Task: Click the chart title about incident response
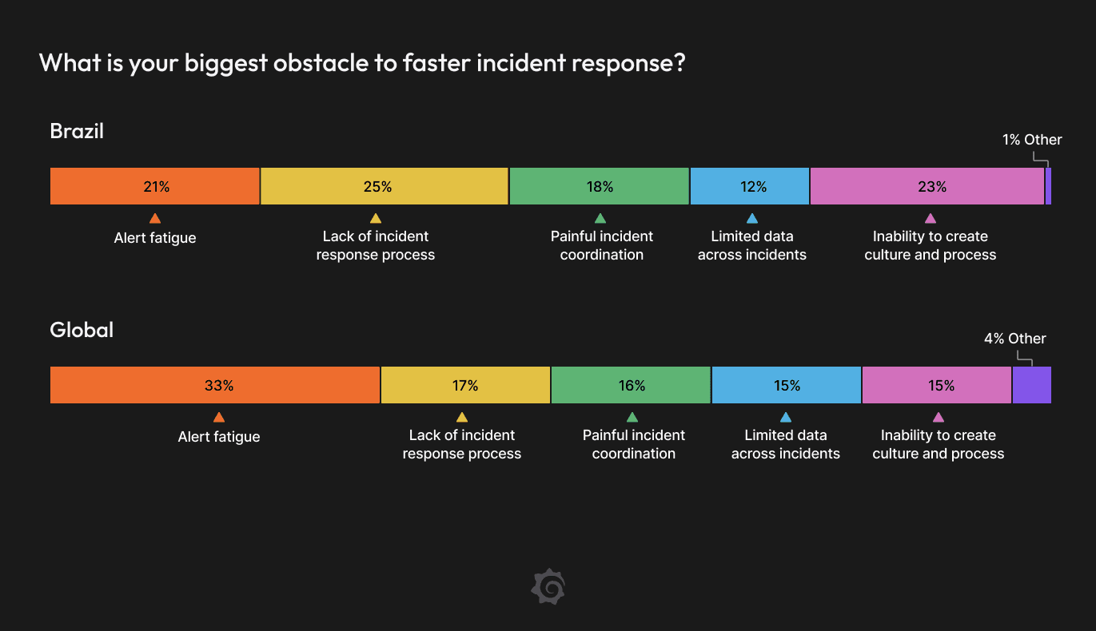pos(362,63)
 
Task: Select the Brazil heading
pos(77,131)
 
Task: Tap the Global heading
pos(82,330)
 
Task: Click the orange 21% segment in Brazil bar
pos(155,187)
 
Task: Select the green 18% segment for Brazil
pos(599,187)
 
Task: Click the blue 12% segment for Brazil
pos(750,187)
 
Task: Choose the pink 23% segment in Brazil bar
pos(927,187)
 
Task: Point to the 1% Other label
pos(1032,140)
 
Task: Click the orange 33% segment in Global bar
pos(215,386)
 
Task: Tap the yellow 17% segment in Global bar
pos(465,386)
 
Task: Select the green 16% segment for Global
pos(631,386)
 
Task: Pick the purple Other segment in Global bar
pos(1031,386)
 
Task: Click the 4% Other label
pos(1014,339)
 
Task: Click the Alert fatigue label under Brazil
pos(155,238)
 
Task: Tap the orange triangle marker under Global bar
pos(219,417)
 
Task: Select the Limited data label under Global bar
pos(785,445)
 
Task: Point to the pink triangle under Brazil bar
pos(930,218)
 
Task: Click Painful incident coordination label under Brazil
pos(601,246)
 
